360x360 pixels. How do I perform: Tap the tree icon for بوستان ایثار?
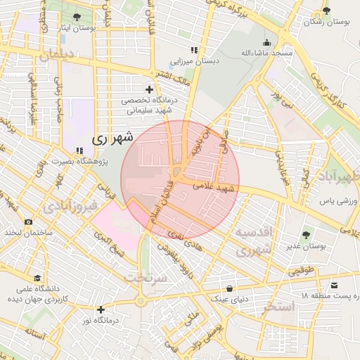click(x=77, y=18)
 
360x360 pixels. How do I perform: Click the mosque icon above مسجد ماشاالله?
click(x=268, y=41)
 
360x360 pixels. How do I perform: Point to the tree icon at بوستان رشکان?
click(x=326, y=11)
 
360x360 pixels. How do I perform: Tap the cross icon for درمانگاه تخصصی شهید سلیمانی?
click(x=149, y=89)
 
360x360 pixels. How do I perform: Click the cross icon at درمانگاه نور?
click(x=101, y=309)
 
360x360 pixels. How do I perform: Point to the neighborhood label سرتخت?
click(x=143, y=278)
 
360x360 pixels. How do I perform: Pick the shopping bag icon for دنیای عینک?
click(x=230, y=288)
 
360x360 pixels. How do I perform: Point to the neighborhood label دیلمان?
click(x=56, y=56)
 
